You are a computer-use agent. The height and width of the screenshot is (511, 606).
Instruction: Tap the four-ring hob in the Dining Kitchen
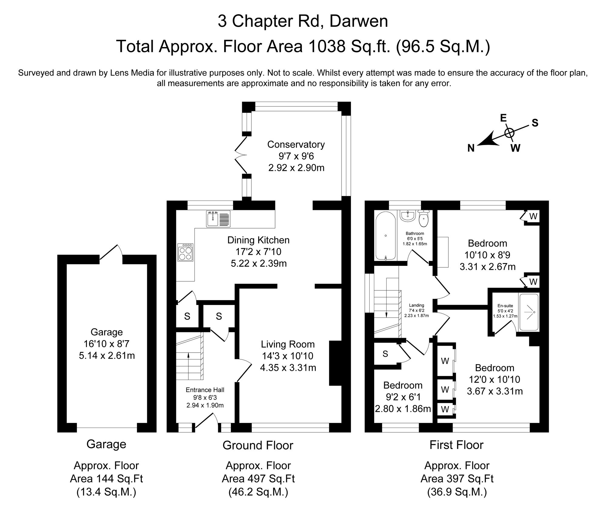point(185,252)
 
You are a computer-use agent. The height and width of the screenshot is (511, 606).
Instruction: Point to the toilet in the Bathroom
point(424,219)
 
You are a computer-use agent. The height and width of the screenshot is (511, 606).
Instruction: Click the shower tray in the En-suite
point(529,312)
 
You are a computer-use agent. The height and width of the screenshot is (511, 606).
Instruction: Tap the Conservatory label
point(296,144)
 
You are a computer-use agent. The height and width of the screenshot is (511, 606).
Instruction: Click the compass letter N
point(471,148)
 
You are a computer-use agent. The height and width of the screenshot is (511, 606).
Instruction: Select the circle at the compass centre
point(510,133)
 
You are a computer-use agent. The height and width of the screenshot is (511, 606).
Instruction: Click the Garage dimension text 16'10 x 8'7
point(106,344)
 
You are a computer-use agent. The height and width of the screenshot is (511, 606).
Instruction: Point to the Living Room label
point(288,344)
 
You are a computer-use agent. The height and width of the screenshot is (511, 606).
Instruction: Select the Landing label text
point(416,305)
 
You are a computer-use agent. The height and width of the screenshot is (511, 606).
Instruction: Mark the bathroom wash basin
point(408,216)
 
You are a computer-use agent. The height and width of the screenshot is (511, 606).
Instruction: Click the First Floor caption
point(456,445)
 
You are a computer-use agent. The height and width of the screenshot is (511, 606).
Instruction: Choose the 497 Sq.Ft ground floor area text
point(258,479)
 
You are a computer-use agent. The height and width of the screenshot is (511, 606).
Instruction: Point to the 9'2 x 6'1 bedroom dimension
point(403,397)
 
